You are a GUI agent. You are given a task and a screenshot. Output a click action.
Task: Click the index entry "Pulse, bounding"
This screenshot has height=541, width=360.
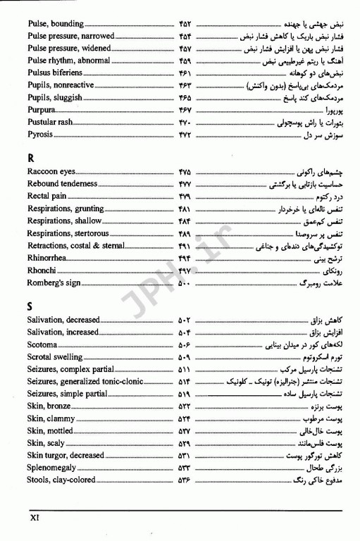tap(56, 23)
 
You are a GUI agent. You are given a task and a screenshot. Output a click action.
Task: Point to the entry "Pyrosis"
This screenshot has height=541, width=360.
tap(40, 133)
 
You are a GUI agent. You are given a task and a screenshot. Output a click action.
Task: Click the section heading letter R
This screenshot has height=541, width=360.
tap(32, 158)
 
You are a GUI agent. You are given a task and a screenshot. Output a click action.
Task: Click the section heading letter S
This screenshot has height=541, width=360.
tap(31, 305)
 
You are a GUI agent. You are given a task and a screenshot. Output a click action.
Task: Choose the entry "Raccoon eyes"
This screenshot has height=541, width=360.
tap(51, 172)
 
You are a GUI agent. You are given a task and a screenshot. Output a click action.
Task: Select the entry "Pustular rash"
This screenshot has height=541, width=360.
tap(51, 121)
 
